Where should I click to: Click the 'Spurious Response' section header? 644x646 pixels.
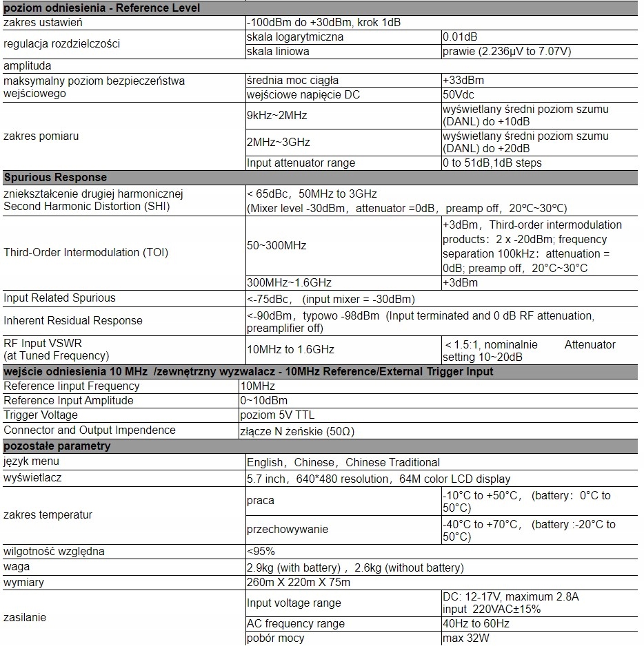(x=55, y=177)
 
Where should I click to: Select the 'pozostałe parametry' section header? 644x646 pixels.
(x=57, y=446)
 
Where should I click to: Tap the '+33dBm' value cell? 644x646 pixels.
(x=462, y=81)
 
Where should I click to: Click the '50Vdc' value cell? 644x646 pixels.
(x=459, y=94)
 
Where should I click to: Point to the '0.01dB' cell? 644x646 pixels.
(x=460, y=37)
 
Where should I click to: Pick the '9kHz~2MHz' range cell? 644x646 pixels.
(x=277, y=116)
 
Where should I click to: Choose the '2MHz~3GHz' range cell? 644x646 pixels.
(x=279, y=143)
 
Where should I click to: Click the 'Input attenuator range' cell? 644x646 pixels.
(x=301, y=163)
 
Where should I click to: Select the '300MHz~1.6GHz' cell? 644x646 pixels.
(x=289, y=282)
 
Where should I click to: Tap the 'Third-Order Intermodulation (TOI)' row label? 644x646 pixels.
(x=85, y=252)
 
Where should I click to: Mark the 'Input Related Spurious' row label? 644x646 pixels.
(x=59, y=298)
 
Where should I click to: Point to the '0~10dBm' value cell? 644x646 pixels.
(x=264, y=400)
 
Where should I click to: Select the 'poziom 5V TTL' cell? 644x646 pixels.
(x=277, y=415)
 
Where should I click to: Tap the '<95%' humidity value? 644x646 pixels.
(x=261, y=551)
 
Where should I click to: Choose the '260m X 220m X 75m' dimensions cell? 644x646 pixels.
(x=299, y=583)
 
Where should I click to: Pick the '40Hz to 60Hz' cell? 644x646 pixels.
(x=476, y=623)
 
